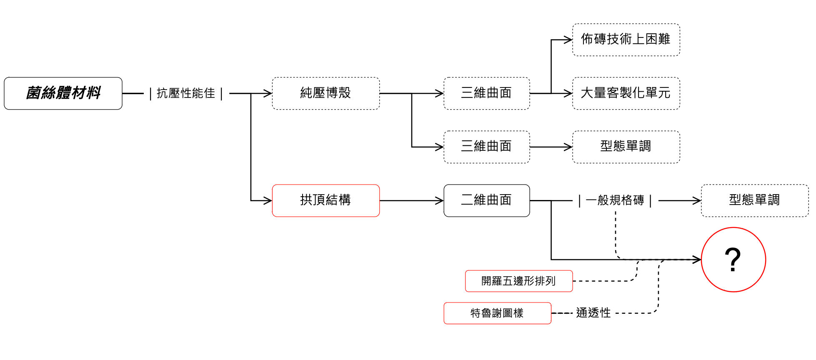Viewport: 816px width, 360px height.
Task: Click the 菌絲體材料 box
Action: point(63,93)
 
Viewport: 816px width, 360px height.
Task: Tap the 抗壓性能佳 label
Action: point(186,93)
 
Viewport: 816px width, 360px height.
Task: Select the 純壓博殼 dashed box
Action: point(326,93)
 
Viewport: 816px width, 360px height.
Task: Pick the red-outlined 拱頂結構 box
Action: point(326,200)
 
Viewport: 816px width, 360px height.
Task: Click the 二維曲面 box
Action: point(487,200)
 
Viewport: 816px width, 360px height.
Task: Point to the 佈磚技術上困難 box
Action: point(626,40)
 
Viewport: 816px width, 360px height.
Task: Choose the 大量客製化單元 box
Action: point(626,93)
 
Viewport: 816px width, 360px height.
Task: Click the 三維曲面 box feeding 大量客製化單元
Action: point(487,93)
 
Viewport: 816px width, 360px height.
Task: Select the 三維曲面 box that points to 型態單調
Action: point(487,147)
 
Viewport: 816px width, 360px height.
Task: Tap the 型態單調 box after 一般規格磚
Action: point(755,200)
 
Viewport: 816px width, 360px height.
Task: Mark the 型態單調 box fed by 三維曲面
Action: point(626,147)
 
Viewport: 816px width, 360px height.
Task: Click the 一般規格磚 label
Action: point(615,200)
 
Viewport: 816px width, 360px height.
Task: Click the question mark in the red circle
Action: point(733,260)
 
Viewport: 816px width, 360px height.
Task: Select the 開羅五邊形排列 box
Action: point(519,281)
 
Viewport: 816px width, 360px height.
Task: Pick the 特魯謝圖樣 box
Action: point(498,313)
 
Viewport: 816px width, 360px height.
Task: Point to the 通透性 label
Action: point(593,313)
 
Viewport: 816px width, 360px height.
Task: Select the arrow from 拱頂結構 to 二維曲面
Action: point(412,201)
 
